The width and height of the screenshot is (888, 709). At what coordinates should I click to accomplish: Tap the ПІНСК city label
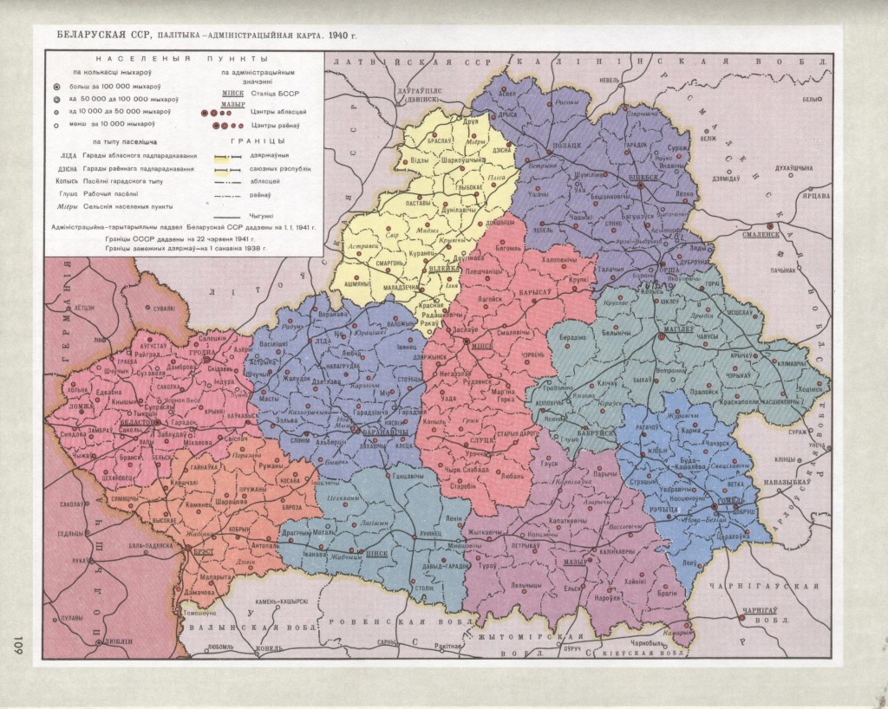[377, 552]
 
